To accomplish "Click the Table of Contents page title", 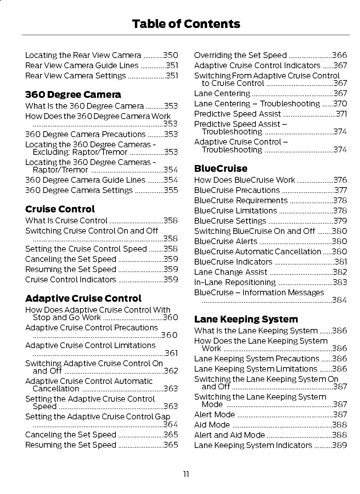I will (x=186, y=24).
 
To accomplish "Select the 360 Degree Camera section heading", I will (x=73, y=94).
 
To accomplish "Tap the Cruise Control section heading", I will (x=60, y=209).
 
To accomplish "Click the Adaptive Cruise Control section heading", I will (x=83, y=298).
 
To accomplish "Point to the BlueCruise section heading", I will (x=221, y=168).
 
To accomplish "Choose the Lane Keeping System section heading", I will (x=246, y=319).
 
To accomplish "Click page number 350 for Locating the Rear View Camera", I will (x=171, y=55).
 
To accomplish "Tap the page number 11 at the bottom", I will (x=186, y=474).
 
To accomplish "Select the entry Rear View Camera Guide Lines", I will (x=82, y=65).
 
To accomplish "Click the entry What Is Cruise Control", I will (x=66, y=221).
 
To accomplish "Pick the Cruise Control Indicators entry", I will (x=71, y=280).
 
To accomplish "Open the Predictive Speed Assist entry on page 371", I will (x=237, y=114).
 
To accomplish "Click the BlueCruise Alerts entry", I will (x=225, y=241).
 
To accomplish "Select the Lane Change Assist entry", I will (x=231, y=272).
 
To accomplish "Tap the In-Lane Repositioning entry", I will (x=235, y=282).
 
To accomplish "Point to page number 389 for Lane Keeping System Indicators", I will (x=340, y=445).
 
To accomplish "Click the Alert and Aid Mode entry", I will (x=229, y=435).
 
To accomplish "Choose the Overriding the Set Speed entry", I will (x=240, y=55).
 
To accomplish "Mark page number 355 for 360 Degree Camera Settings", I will (x=171, y=190).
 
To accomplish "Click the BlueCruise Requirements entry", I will (x=241, y=200).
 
